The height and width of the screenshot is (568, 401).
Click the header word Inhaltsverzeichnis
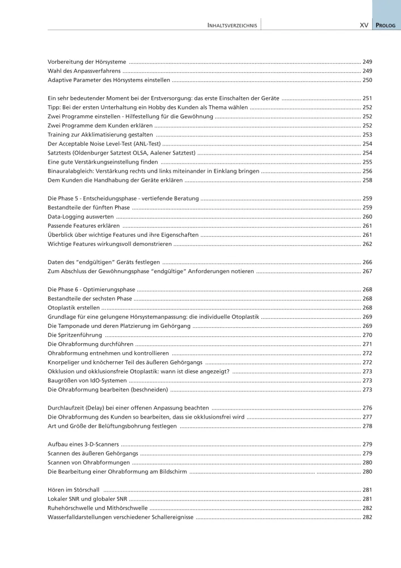point(232,26)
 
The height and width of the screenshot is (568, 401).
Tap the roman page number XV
point(364,26)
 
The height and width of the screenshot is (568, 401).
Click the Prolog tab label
point(388,26)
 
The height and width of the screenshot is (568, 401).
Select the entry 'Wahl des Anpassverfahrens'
point(85,71)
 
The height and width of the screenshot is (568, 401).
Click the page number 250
point(367,81)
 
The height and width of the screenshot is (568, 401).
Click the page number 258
point(367,181)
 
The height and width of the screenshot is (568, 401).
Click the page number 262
point(367,244)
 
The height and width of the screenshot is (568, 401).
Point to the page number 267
point(367,272)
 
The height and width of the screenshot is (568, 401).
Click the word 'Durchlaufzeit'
point(66,408)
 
